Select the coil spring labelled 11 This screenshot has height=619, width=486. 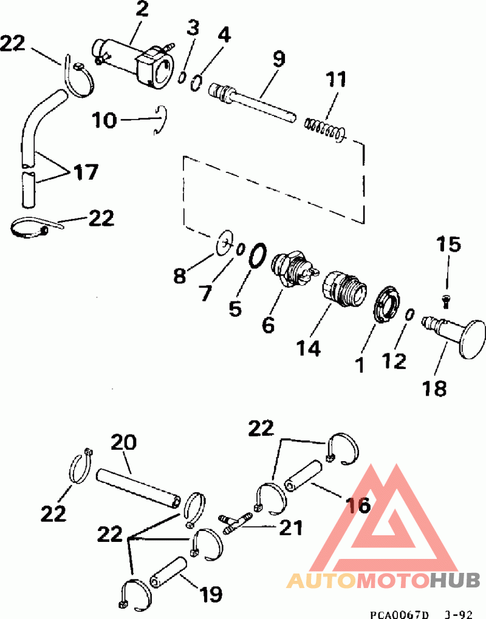coord(324,128)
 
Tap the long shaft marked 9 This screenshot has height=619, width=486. coord(255,103)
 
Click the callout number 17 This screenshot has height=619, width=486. coord(86,172)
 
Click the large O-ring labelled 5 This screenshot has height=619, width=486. coord(257,255)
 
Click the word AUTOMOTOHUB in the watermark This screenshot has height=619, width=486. coord(383,580)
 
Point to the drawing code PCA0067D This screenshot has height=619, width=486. coord(397,612)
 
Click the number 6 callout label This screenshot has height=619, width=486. coord(268,324)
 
